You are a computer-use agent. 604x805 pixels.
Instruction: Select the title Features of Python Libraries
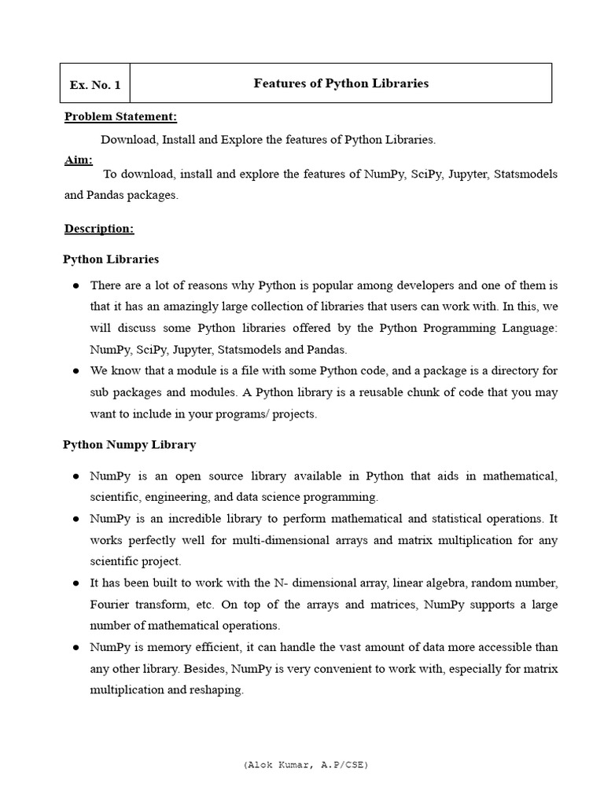point(341,83)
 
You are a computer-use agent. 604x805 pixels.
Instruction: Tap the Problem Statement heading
point(120,117)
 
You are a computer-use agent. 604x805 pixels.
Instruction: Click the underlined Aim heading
point(78,160)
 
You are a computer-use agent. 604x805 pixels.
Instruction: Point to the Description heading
point(98,229)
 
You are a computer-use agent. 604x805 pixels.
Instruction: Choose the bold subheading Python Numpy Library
point(129,445)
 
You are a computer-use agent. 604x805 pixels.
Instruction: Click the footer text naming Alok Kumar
point(306,764)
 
